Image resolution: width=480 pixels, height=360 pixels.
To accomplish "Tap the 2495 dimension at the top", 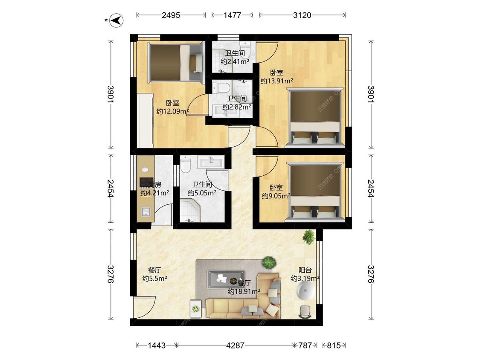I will coord(171,15).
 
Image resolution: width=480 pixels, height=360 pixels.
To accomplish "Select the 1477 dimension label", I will coord(232,15).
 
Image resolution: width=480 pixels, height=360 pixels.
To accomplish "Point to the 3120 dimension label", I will coord(302,15).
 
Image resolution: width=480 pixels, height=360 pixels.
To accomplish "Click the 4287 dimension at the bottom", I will coord(235,345).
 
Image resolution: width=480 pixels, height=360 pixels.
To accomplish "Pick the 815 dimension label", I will coord(334,345).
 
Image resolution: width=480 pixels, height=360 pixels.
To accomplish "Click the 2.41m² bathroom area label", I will coord(235,58).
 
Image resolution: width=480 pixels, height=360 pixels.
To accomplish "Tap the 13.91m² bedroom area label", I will coord(276,77).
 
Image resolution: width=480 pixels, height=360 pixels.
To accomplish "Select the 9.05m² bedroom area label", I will coord(276,192).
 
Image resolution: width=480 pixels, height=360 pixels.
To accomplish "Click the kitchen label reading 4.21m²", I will coord(154,189).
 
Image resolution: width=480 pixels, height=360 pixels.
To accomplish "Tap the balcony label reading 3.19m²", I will coord(305,274).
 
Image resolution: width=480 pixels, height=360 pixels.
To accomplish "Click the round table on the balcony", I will coord(305,293).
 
